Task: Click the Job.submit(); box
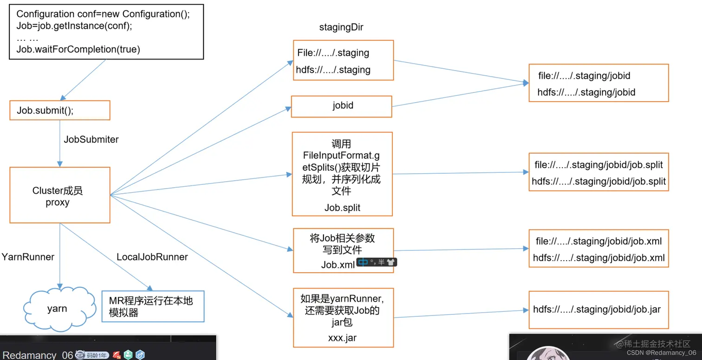tap(59, 111)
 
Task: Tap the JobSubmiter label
tap(91, 139)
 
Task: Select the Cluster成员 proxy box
tap(59, 196)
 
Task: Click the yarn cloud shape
tap(57, 308)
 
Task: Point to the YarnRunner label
tap(28, 257)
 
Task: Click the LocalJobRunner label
tap(152, 257)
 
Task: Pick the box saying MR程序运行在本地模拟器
tap(153, 307)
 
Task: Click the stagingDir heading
tap(341, 27)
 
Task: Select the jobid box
tap(342, 105)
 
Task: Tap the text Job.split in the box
tap(342, 208)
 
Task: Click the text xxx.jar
tap(342, 338)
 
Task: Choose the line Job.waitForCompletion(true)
tap(78, 49)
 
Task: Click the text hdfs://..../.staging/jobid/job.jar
tap(597, 309)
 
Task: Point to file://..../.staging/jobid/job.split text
tap(598, 165)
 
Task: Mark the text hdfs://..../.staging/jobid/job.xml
tap(598, 258)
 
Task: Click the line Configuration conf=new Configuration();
tap(103, 14)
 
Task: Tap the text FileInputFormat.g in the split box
tap(341, 155)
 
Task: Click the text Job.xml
tap(338, 264)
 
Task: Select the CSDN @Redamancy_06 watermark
tap(661, 353)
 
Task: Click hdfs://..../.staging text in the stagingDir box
tap(333, 70)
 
